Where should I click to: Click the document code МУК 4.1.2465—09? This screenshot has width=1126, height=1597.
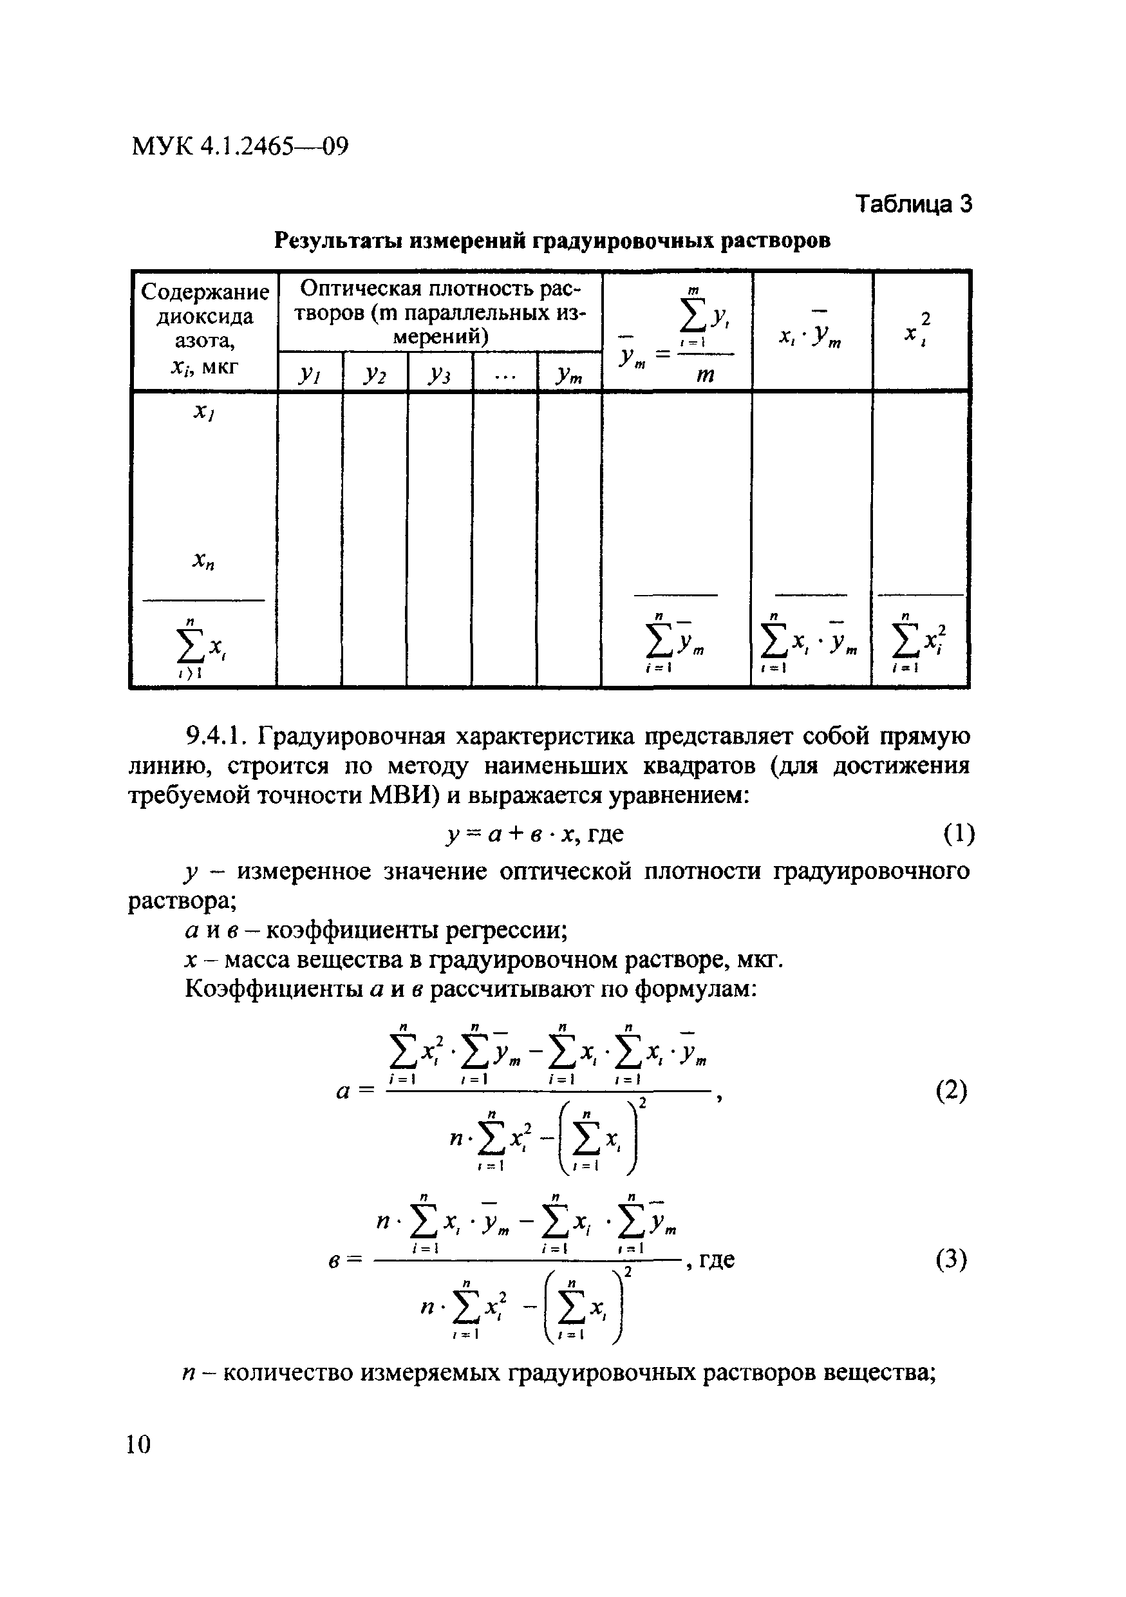(x=239, y=147)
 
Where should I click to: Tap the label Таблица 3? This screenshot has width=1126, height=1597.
(x=913, y=203)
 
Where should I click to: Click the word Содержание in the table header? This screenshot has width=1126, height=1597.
(x=205, y=292)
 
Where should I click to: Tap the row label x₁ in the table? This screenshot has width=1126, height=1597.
(x=203, y=413)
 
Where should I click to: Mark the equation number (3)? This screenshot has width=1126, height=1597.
(x=951, y=1260)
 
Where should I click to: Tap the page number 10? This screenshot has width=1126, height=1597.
(x=138, y=1444)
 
